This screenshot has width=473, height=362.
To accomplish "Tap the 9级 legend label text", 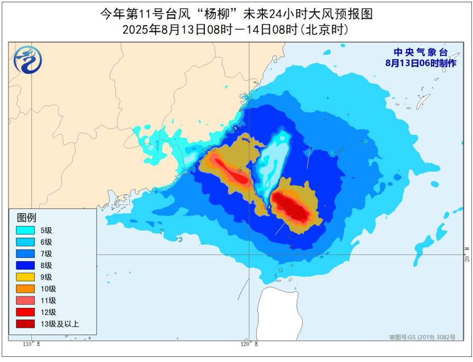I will tap(46, 277).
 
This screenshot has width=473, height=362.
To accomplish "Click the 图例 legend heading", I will tap(26, 217).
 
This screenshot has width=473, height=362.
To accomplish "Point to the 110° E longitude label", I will tap(31, 345).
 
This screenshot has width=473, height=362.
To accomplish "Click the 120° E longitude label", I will tap(249, 345).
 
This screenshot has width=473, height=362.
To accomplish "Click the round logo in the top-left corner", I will tap(27, 60).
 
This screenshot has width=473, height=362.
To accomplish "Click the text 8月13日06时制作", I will tap(421, 63).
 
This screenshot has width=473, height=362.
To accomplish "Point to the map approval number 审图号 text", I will tap(422, 338).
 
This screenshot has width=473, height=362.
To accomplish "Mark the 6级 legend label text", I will tap(46, 242).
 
